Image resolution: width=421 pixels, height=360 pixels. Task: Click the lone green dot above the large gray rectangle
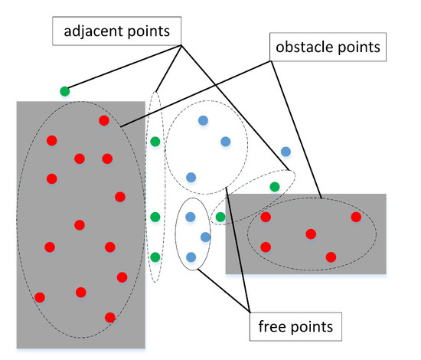(x=65, y=91)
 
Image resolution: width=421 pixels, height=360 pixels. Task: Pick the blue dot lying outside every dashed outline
(x=286, y=152)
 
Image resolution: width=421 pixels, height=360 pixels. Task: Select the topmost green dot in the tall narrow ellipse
(x=155, y=141)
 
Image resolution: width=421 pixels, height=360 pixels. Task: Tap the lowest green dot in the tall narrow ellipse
(x=155, y=257)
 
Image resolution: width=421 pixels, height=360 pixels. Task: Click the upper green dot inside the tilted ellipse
(x=274, y=186)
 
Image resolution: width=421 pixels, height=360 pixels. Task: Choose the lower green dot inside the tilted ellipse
(x=220, y=218)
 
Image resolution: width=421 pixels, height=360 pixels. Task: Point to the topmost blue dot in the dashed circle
(x=203, y=120)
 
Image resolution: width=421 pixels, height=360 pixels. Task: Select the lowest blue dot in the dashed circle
(x=191, y=177)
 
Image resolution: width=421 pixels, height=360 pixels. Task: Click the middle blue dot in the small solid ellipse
(x=205, y=237)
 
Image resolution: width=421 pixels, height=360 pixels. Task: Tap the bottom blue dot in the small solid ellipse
(x=191, y=257)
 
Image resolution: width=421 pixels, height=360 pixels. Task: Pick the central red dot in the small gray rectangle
(x=310, y=234)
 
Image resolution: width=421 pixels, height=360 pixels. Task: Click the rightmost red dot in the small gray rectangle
(x=356, y=218)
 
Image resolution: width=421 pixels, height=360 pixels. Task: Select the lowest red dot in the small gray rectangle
(x=331, y=257)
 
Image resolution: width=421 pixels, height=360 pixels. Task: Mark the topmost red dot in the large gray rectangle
(x=103, y=120)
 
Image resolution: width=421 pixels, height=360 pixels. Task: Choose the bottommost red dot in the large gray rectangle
(x=109, y=317)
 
